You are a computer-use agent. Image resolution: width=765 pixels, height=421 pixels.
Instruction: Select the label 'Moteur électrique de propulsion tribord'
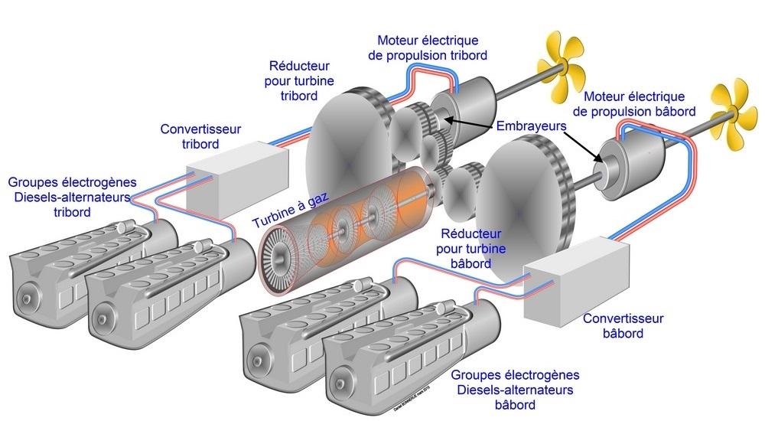[432, 47]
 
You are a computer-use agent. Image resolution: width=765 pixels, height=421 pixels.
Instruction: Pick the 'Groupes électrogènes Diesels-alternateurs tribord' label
[73, 197]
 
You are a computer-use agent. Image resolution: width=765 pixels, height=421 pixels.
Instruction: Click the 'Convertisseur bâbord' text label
[623, 325]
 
